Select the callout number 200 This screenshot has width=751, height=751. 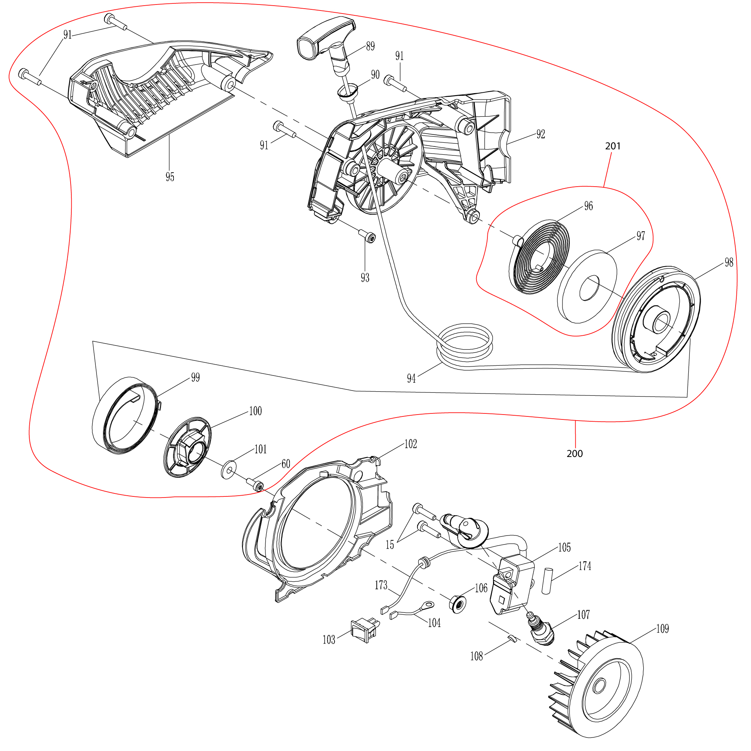575,454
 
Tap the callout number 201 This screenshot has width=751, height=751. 612,146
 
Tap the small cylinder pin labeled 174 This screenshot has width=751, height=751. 547,581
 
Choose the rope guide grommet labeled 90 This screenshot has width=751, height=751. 347,92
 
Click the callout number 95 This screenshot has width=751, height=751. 170,177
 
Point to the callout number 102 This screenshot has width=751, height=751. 410,444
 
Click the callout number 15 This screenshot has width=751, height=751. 390,545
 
